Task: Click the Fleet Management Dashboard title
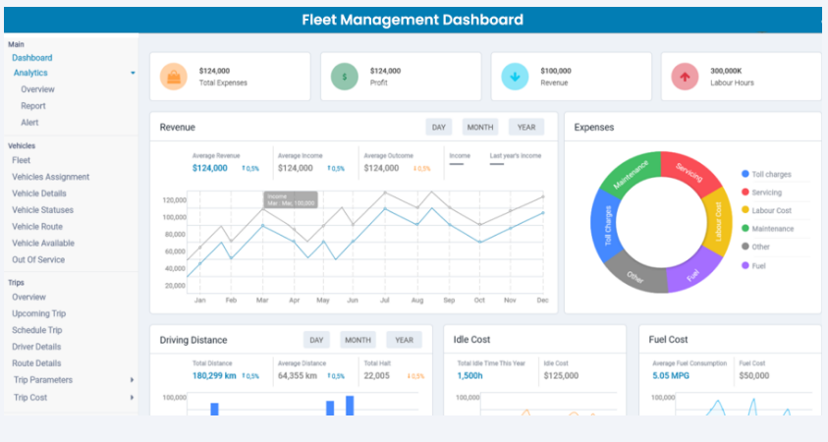tap(412, 20)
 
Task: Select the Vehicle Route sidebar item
tap(38, 227)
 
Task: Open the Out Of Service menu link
tap(38, 259)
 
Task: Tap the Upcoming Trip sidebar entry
tap(39, 313)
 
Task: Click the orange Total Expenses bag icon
tap(174, 77)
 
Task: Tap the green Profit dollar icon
tap(345, 77)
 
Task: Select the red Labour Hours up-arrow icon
tap(685, 77)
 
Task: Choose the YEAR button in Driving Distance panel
tap(404, 340)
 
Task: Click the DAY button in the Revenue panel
tap(439, 127)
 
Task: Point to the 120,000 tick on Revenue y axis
tap(174, 198)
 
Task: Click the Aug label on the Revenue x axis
tap(416, 300)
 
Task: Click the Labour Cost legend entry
tap(770, 210)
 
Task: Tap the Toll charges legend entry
tap(770, 174)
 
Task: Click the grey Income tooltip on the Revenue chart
tap(291, 199)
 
